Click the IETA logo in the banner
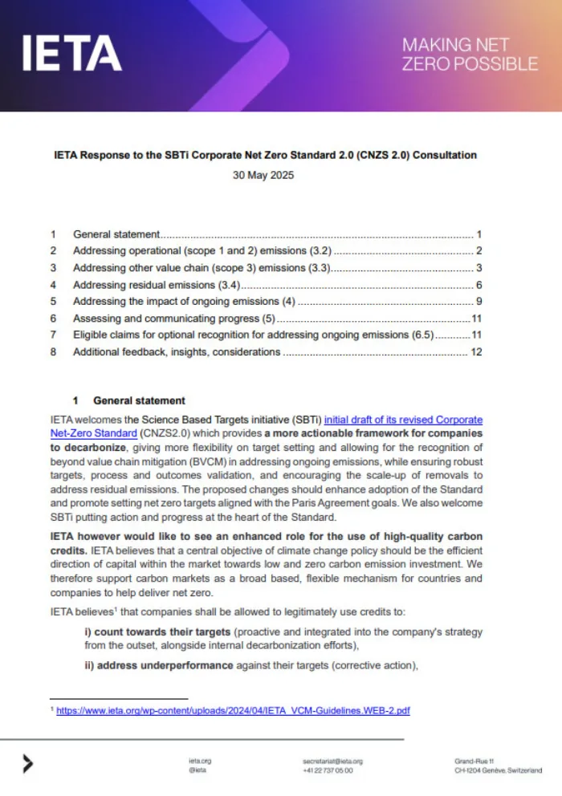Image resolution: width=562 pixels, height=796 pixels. click(72, 53)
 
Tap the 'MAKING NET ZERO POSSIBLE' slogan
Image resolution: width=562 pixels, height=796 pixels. click(470, 54)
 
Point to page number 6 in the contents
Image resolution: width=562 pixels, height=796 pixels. click(478, 285)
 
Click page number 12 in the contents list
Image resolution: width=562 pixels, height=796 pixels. click(475, 351)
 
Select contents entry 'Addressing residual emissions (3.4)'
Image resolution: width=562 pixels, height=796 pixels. click(157, 285)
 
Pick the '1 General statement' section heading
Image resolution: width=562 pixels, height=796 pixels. click(128, 400)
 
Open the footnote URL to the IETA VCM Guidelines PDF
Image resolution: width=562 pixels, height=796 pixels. click(233, 710)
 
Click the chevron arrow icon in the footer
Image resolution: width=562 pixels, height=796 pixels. click(28, 764)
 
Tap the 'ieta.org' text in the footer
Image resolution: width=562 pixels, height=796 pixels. click(200, 760)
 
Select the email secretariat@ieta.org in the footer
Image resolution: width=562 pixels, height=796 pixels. click(332, 760)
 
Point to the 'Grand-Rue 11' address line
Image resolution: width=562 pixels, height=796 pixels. click(474, 760)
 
